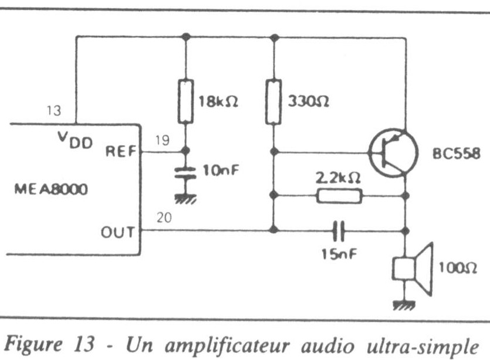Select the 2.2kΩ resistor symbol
click(x=339, y=196)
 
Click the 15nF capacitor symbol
click(x=337, y=230)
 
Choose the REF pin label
click(x=120, y=151)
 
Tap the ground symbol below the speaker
click(x=404, y=304)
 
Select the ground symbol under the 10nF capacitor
click(x=186, y=198)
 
